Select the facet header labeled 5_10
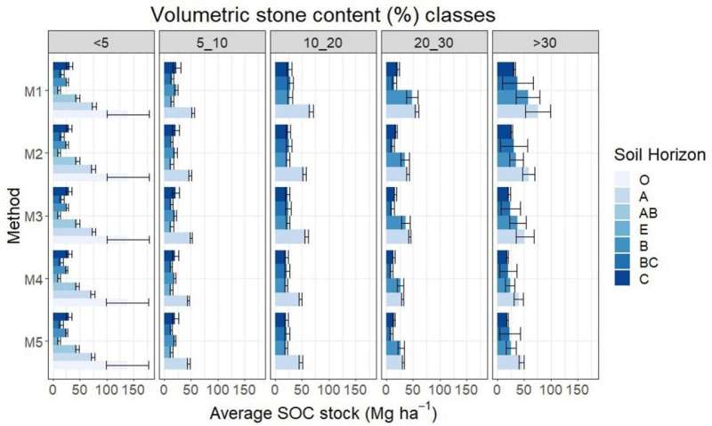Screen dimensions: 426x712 [212, 41]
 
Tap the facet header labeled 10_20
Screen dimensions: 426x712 [323, 41]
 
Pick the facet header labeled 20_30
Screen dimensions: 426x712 [434, 41]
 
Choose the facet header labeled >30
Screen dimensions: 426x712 [545, 41]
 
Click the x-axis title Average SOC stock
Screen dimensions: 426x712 [323, 414]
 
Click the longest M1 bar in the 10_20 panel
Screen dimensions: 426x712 [293, 111]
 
